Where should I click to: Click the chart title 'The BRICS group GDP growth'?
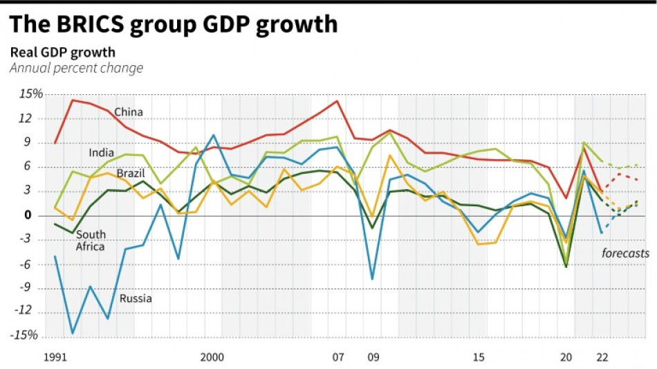173,24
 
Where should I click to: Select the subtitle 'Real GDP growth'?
62,53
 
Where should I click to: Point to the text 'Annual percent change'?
76,68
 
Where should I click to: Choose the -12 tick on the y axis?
24,312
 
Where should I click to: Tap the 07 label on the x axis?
337,358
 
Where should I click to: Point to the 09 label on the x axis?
373,358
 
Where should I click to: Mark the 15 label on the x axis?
479,358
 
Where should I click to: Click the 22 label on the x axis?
603,358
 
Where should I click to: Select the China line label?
129,111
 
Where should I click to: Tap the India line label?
102,152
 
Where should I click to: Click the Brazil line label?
130,173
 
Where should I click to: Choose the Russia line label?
136,299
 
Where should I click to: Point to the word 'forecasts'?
625,253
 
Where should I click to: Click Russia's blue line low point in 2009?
373,279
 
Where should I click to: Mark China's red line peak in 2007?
337,101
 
